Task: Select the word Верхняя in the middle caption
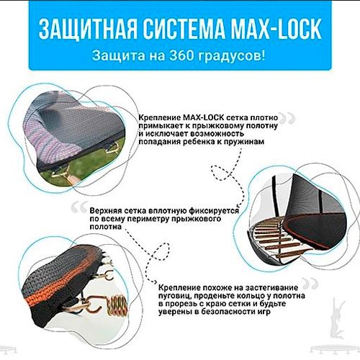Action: pyautogui.click(x=105, y=211)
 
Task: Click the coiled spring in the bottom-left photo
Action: pyautogui.click(x=117, y=306)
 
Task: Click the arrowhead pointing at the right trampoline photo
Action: pyautogui.click(x=238, y=206)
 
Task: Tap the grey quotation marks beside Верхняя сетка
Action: pyautogui.click(x=79, y=207)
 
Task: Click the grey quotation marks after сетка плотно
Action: pyautogui.click(x=287, y=118)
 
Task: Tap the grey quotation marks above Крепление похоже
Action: pyautogui.click(x=310, y=284)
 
